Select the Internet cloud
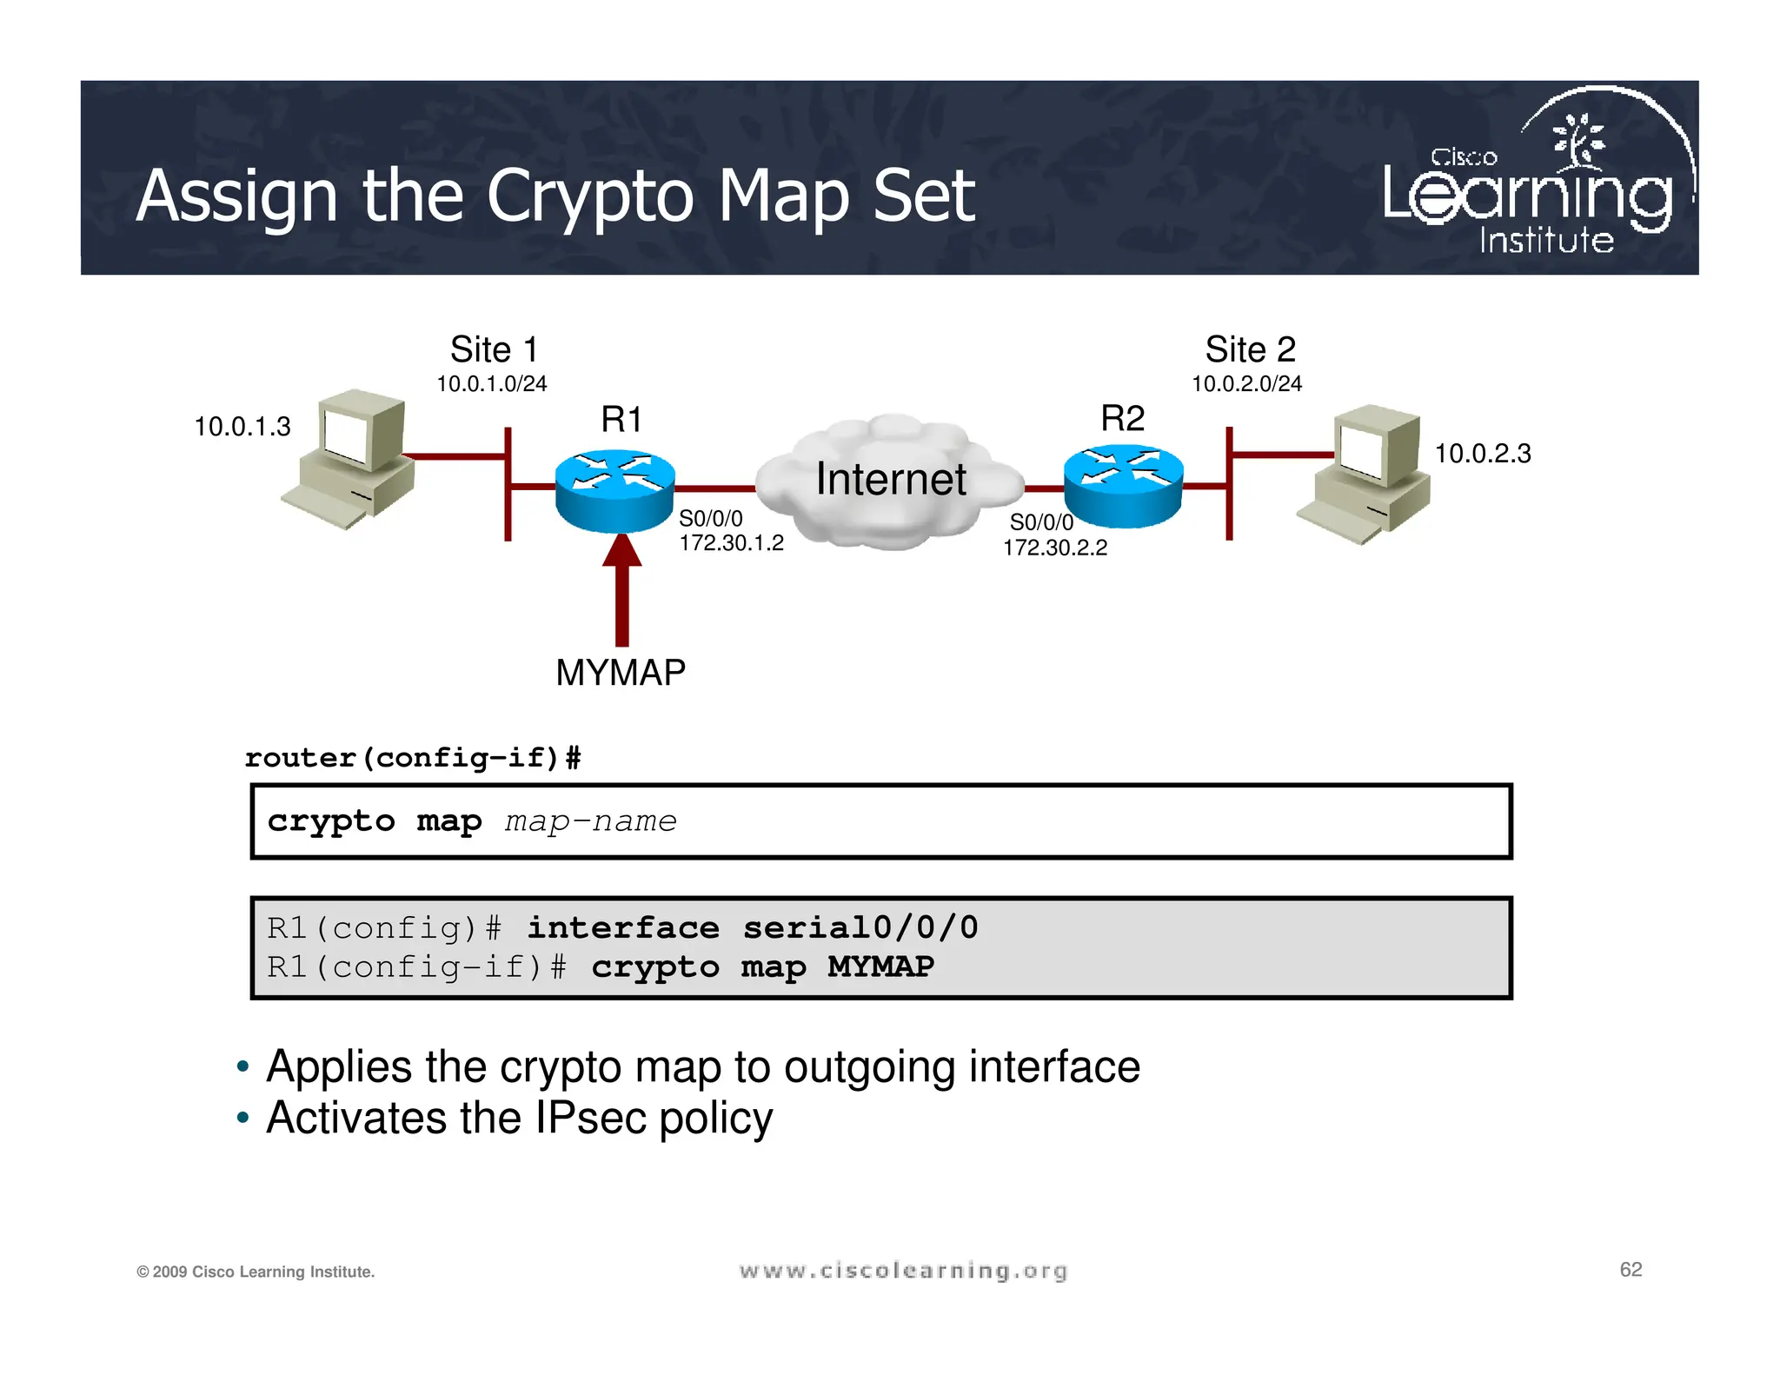pos(890,482)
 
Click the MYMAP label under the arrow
pos(621,673)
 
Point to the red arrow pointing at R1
pos(622,591)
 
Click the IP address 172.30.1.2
pos(731,543)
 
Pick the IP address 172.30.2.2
pos(1055,548)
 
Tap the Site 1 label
pos(494,350)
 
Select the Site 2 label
pos(1250,350)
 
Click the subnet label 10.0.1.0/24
pos(491,384)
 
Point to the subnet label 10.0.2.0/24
pos(1246,384)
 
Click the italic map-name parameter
pos(590,821)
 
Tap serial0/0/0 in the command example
pos(860,928)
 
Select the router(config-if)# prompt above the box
pos(413,758)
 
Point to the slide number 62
pos(1631,1270)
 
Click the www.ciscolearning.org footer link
pos(903,1272)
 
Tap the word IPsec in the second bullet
pos(591,1118)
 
